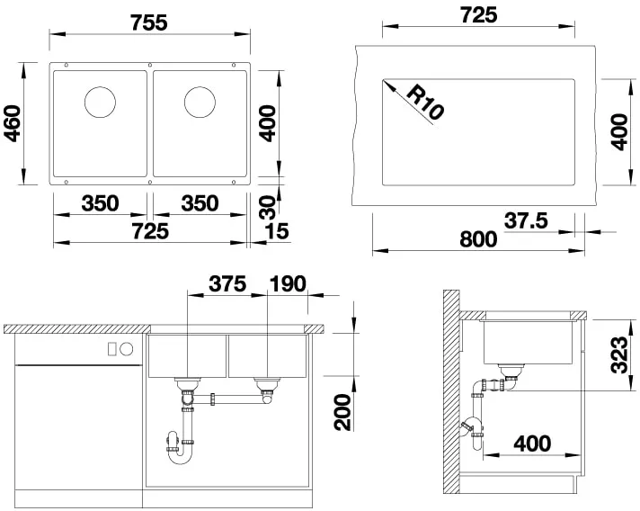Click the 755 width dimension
point(148,22)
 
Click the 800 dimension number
point(477,239)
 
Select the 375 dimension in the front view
point(227,284)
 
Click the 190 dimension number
point(287,284)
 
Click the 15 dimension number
point(278,232)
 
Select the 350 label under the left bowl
point(100,203)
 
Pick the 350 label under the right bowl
point(200,203)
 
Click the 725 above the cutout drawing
point(478,15)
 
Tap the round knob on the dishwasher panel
point(127,348)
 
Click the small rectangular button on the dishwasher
point(112,348)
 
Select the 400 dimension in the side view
point(532,444)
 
